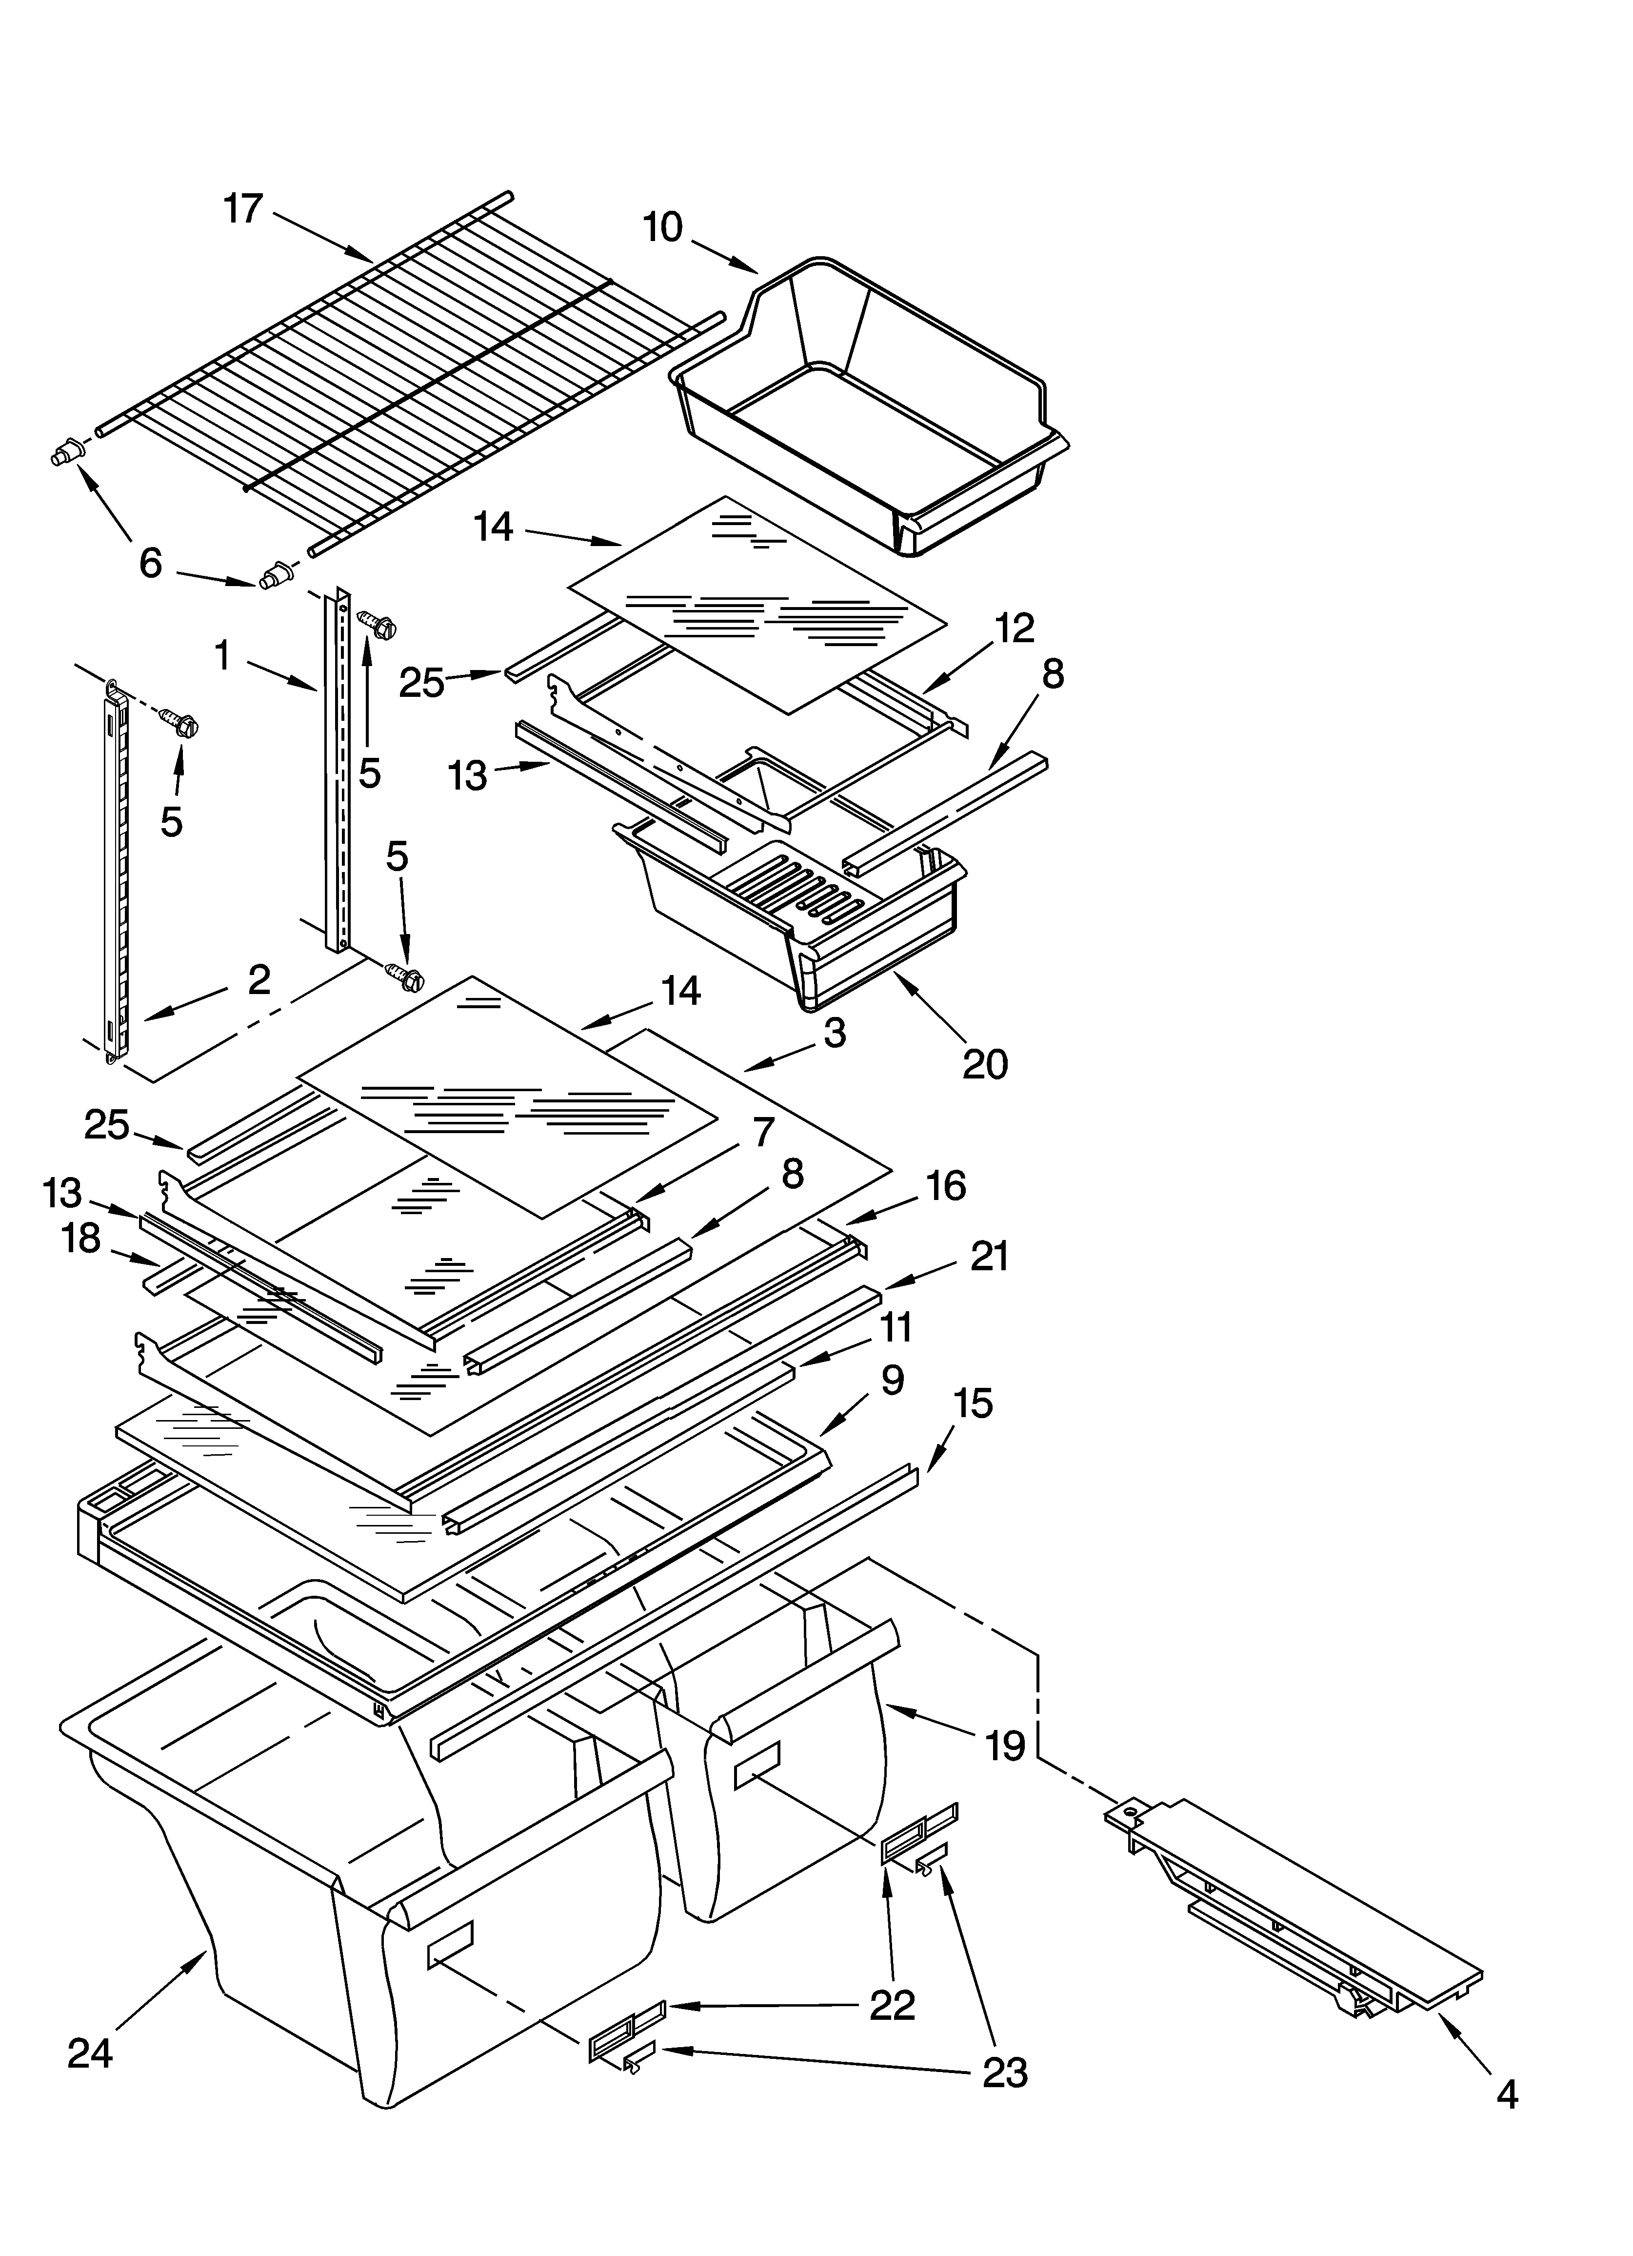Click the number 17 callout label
click(x=243, y=210)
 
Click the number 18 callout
click(x=81, y=1239)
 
